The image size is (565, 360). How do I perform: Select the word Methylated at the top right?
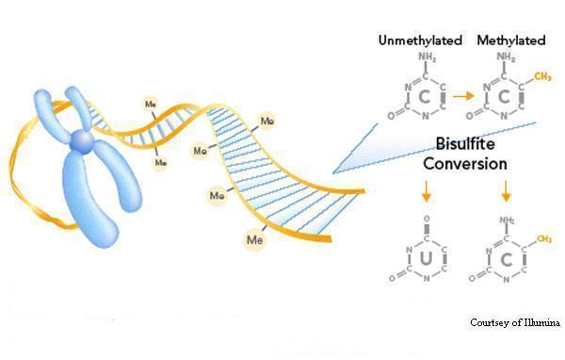point(511,41)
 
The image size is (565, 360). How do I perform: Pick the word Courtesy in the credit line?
point(491,323)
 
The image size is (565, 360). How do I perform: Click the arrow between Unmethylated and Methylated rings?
point(461,95)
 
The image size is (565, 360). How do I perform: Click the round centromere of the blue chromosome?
point(82,142)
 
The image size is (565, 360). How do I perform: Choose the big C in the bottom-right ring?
point(506,257)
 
